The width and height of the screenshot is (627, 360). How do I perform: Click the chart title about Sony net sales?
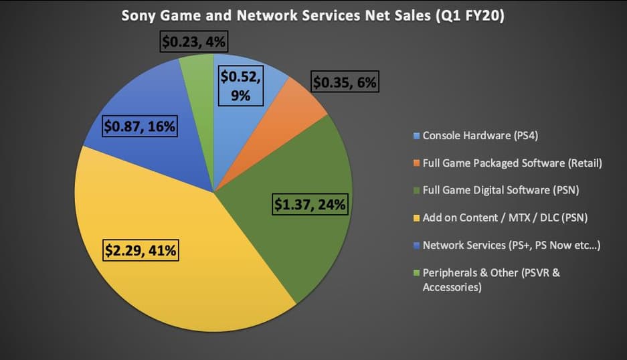[x=313, y=15]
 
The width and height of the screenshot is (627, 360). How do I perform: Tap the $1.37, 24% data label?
[x=310, y=205]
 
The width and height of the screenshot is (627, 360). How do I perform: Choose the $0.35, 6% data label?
[x=346, y=84]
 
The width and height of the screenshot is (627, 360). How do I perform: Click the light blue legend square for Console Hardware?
[x=417, y=136]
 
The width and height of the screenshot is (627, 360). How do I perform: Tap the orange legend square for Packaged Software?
[x=417, y=163]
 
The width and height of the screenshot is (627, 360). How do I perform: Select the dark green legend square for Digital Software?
[x=417, y=191]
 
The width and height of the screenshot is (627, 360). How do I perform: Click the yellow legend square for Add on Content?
[x=417, y=218]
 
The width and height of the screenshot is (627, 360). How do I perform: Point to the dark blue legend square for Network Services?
[x=417, y=246]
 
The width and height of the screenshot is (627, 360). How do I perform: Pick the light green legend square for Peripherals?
[x=417, y=273]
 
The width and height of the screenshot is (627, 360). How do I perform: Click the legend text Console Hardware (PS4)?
[x=480, y=136]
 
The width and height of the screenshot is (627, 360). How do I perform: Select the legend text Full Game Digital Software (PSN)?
[x=501, y=191]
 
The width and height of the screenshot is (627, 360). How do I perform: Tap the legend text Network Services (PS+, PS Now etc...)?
[x=511, y=246]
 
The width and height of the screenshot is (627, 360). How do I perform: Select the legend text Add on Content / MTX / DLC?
[x=501, y=218]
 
